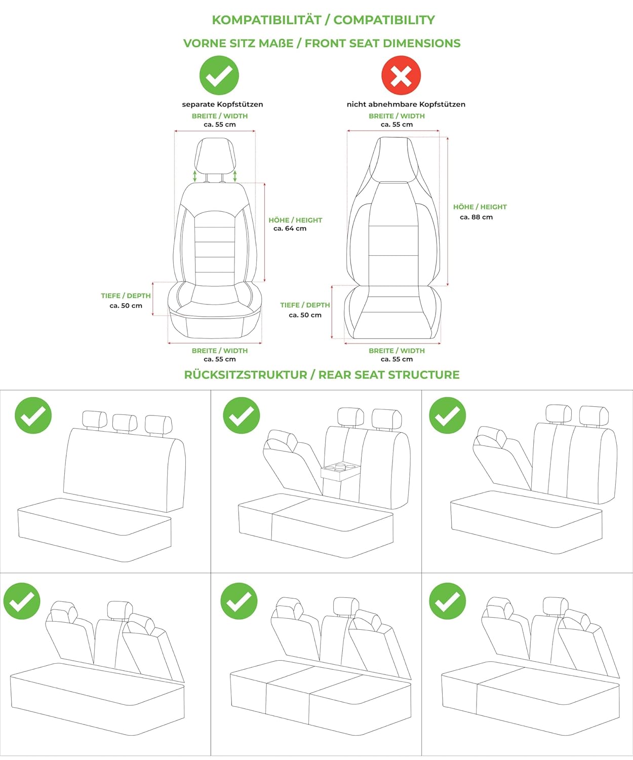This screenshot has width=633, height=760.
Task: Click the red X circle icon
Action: (401, 75)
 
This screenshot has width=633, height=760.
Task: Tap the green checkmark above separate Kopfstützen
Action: (219, 75)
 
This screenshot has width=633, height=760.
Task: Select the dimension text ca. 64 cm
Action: (290, 229)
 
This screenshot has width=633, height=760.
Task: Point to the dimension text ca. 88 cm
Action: (476, 217)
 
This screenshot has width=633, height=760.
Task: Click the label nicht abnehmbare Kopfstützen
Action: (406, 104)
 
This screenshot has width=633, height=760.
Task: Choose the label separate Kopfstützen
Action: (222, 104)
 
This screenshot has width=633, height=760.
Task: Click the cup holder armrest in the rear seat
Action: (340, 471)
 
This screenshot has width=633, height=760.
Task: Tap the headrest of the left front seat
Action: (215, 156)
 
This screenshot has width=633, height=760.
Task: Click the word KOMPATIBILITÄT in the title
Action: (267, 20)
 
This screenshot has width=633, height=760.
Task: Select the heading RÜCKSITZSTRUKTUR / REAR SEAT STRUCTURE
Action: (322, 375)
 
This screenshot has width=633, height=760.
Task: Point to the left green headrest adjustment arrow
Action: (195, 176)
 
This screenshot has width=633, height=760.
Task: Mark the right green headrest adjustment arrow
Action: (235, 176)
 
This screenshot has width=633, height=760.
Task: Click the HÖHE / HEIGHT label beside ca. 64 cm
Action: (295, 220)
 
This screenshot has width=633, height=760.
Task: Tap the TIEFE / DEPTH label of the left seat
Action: (126, 296)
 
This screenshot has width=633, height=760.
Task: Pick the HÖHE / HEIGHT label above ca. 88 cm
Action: (480, 207)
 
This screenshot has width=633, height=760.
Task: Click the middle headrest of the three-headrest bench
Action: (125, 423)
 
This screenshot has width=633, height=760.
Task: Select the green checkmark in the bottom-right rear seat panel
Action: (448, 601)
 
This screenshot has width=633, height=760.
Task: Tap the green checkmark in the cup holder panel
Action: (241, 415)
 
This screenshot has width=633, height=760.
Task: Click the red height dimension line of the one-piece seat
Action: (448, 212)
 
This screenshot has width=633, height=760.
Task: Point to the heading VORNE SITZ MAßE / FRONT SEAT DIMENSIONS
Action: (322, 43)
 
